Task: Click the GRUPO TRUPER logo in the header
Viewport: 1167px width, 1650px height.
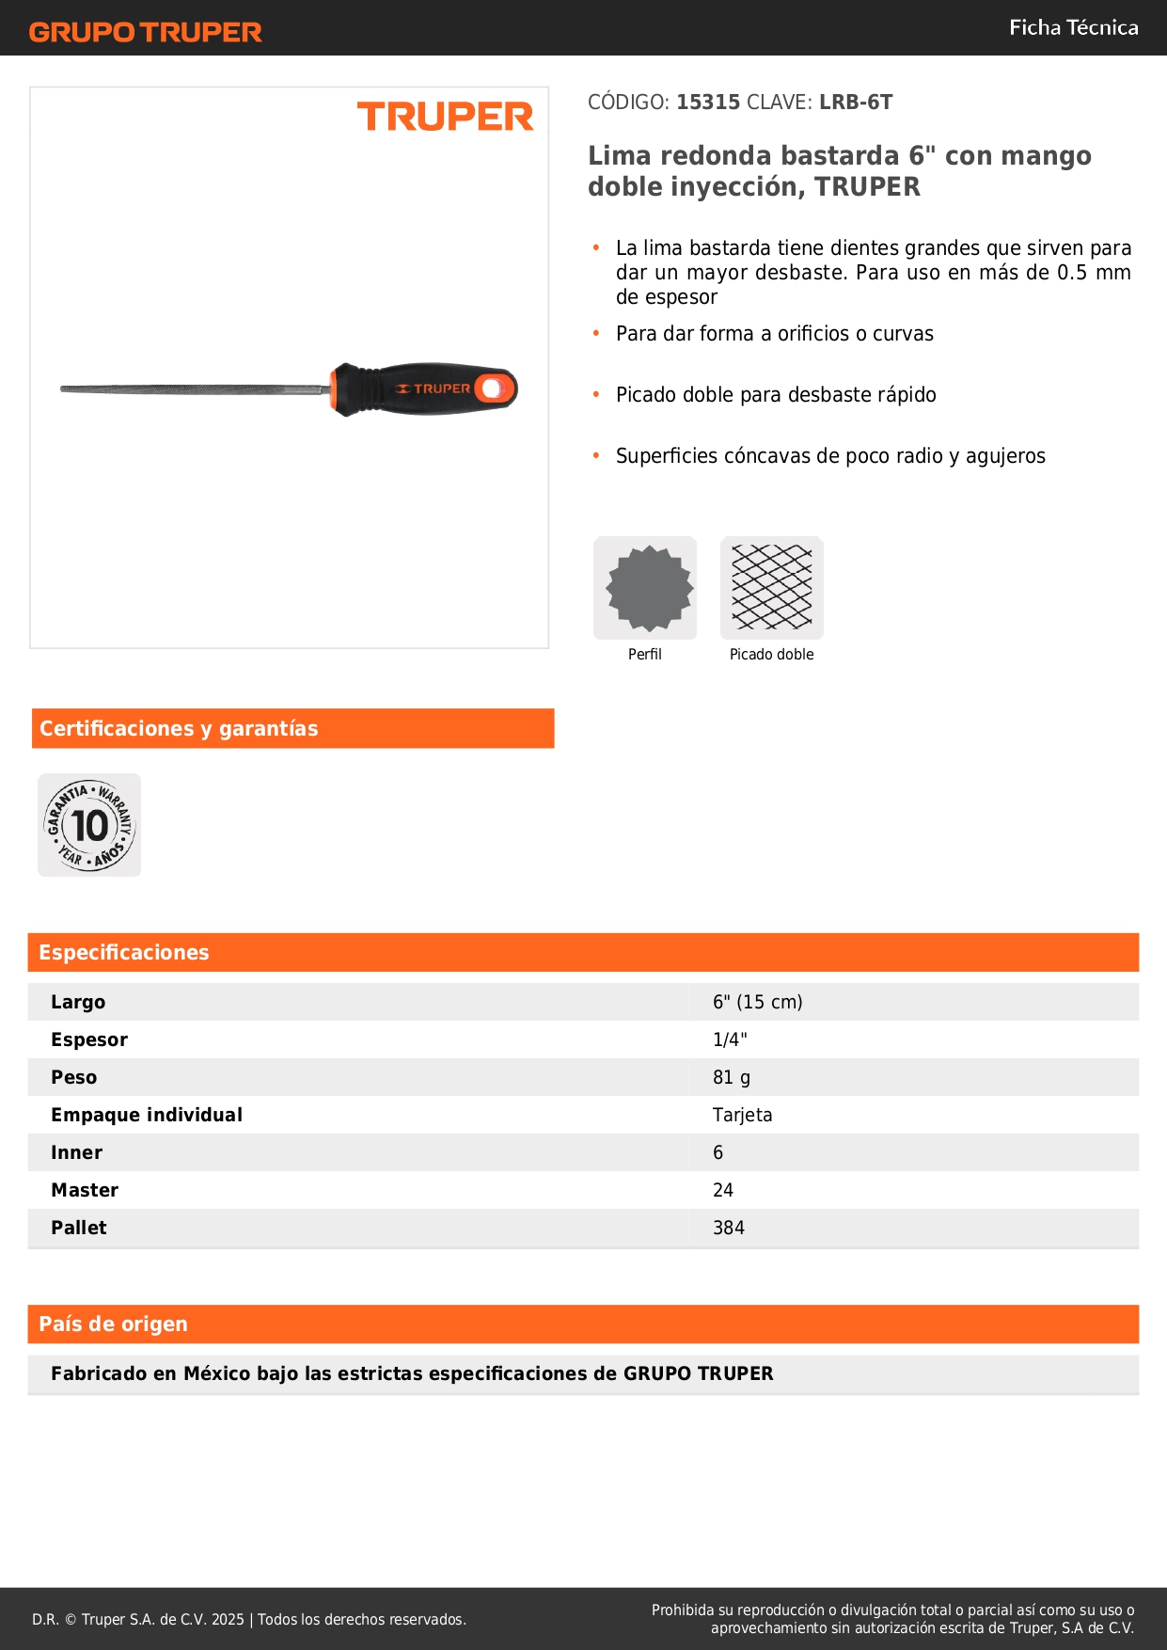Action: [x=145, y=32]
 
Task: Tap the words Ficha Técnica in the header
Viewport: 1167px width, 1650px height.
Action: [x=1073, y=27]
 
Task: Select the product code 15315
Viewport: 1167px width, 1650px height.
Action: [x=708, y=102]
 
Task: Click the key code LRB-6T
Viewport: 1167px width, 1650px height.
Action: [x=855, y=102]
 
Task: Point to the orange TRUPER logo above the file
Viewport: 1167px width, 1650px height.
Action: [x=445, y=117]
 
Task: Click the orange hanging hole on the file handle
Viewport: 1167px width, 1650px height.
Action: [x=492, y=389]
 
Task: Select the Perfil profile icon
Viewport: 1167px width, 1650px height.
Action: [x=645, y=588]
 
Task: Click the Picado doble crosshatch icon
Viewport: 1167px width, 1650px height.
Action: [x=771, y=588]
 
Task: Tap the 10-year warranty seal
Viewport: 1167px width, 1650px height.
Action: [x=89, y=825]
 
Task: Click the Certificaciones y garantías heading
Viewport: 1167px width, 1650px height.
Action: [x=179, y=728]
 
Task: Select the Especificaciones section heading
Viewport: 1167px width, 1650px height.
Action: [x=124, y=952]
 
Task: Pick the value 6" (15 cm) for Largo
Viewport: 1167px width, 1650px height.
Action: [x=757, y=1002]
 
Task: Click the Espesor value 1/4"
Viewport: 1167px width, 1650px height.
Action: [x=730, y=1039]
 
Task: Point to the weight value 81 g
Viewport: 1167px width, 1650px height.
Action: [x=732, y=1077]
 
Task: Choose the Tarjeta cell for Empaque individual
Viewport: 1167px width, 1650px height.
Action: [x=742, y=1115]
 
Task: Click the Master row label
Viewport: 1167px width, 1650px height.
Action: [x=85, y=1190]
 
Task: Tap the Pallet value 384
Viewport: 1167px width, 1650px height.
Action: [x=729, y=1228]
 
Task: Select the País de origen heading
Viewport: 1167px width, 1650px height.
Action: [x=113, y=1324]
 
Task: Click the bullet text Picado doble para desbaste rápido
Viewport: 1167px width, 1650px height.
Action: [x=776, y=394]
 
